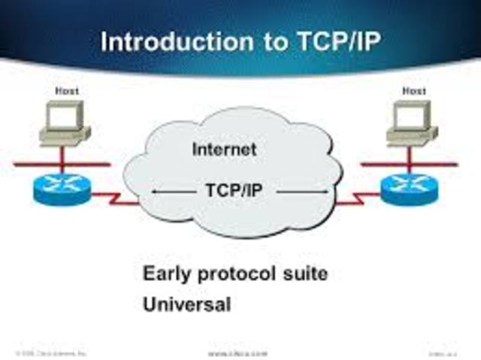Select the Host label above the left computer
tap(66, 91)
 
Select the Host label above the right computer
tap(413, 91)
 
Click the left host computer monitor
tap(62, 116)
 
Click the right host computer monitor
tap(410, 116)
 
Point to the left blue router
tap(62, 188)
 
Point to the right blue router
tap(410, 188)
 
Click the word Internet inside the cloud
tap(224, 149)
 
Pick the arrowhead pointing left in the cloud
tap(155, 192)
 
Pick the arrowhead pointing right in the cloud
tap(327, 192)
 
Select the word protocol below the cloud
tap(239, 274)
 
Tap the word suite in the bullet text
tap(307, 274)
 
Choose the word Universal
tap(186, 305)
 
